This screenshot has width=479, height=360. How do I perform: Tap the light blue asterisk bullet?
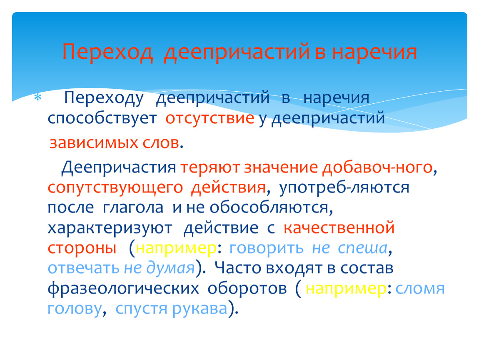(38, 98)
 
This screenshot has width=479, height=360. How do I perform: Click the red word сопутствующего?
(115, 187)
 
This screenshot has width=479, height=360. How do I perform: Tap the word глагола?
(133, 208)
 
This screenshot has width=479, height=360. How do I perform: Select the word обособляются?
(269, 208)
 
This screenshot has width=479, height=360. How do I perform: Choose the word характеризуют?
(110, 228)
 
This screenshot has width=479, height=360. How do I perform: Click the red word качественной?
(339, 228)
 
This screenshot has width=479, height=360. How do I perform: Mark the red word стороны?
(82, 248)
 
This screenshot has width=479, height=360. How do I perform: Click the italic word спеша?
(363, 248)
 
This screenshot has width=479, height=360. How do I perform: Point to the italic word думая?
(170, 268)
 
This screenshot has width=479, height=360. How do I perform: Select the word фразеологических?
(123, 288)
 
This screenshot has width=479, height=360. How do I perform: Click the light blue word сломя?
(420, 289)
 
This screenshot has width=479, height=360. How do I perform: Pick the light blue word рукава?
(200, 309)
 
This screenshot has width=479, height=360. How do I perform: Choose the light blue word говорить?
(266, 248)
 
